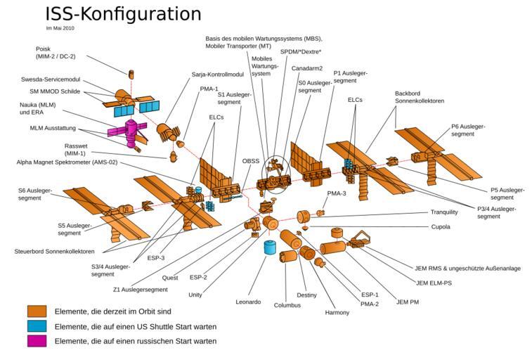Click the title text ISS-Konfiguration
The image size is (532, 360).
pos(123,14)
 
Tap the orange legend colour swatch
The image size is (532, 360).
pos(37,311)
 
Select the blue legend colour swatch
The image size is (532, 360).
pos(37,326)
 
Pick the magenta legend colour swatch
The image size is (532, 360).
pos(37,341)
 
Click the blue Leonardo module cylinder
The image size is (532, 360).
pos(268,247)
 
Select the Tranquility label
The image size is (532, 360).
pos(443,212)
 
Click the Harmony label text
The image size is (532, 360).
pos(337,312)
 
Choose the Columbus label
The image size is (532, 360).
pos(287,305)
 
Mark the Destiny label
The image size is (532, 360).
pos(307,295)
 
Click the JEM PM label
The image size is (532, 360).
pos(407,302)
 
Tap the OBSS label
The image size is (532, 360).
pos(249,161)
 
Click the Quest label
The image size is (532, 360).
pos(170,278)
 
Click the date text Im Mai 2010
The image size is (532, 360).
pos(60,29)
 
